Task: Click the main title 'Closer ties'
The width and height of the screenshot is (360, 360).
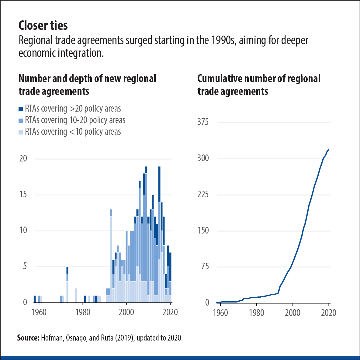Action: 43,26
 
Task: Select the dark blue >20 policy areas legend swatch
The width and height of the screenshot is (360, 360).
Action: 21,109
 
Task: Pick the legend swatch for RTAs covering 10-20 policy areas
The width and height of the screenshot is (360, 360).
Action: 21,120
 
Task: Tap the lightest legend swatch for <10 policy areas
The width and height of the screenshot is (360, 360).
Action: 21,132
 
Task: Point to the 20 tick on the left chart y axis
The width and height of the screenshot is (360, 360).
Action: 23,158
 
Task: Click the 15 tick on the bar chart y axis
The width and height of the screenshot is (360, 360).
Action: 23,194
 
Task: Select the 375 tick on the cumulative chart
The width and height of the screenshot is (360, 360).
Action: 203,122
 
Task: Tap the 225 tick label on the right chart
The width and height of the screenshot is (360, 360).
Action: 203,194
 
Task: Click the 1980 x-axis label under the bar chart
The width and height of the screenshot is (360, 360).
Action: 83,313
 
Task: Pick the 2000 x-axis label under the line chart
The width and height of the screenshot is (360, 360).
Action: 292,313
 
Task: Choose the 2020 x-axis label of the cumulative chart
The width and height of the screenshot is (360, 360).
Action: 328,313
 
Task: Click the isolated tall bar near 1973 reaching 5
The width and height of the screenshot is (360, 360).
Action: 67,284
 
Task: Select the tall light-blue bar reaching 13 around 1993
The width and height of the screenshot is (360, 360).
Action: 111,255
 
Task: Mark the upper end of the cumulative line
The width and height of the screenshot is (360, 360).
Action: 329,149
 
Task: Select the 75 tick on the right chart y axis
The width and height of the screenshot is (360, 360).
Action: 204,267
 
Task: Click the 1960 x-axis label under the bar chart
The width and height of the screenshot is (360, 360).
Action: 39,313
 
